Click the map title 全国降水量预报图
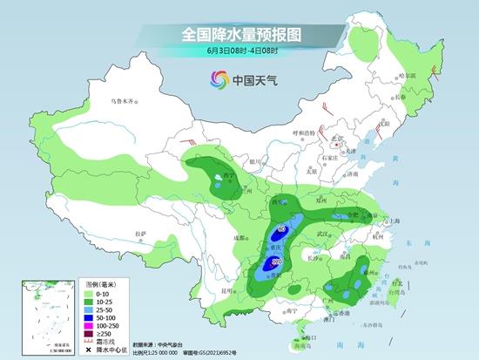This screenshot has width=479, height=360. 239,34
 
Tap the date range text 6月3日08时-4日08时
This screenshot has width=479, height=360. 239,51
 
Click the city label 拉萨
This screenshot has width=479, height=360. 141,234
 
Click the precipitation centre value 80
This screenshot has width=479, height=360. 281,229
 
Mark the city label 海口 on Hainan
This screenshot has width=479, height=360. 302,335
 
